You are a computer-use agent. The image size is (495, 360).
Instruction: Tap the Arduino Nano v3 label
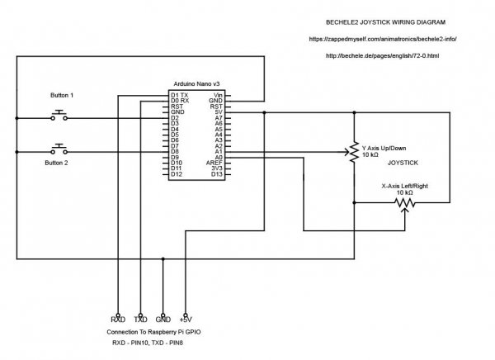click(198, 85)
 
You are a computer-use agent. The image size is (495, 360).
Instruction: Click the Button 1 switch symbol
click(59, 115)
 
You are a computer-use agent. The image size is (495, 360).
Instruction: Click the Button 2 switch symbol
click(59, 149)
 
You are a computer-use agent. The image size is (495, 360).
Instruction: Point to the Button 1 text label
click(59, 96)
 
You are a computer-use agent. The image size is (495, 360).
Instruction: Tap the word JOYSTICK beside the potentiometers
click(404, 163)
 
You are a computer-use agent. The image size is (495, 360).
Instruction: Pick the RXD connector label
click(118, 319)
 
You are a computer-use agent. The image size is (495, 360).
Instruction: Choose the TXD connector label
click(141, 319)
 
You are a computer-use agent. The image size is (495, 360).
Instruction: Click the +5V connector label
click(186, 319)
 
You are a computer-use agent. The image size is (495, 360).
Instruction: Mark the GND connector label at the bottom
click(163, 319)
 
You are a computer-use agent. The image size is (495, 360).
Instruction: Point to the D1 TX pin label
click(179, 96)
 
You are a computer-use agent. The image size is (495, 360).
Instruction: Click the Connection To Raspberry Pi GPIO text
click(153, 331)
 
